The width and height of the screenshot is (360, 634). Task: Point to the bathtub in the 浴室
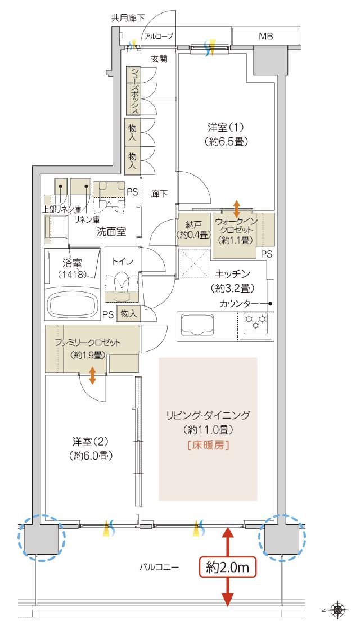74,304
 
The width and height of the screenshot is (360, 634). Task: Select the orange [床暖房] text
208,445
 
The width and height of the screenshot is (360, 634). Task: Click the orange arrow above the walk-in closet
237,208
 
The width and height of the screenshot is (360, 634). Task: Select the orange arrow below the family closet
92,375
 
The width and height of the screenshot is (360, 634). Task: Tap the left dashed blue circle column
42,537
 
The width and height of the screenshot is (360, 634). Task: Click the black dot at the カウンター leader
271,304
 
